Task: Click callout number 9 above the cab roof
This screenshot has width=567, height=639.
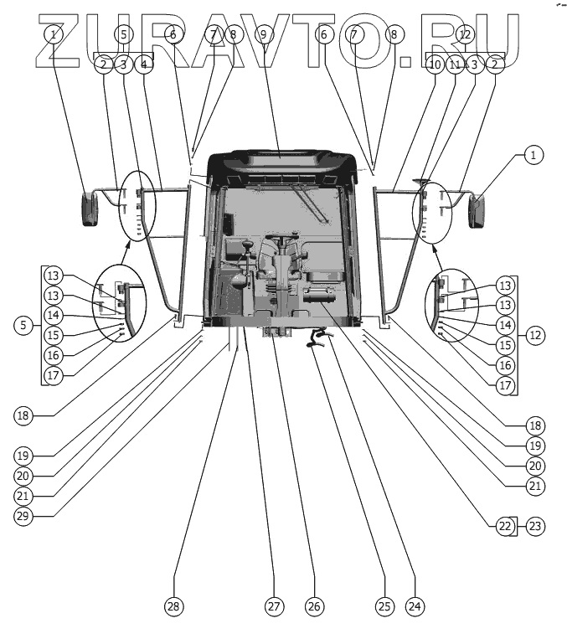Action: (263, 35)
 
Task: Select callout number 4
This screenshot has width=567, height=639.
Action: (144, 64)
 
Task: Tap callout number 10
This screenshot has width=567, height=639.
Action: (434, 64)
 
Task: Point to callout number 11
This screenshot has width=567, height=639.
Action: (455, 64)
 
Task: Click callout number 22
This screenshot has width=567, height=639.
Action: (503, 526)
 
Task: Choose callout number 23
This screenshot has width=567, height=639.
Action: (533, 526)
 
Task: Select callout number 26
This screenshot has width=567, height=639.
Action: (313, 606)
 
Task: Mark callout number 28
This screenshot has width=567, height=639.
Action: (174, 606)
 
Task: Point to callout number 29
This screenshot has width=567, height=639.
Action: (23, 515)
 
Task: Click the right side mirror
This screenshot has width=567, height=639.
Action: (478, 209)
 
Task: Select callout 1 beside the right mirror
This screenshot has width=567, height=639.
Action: (535, 154)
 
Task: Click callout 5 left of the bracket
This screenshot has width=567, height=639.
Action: (23, 325)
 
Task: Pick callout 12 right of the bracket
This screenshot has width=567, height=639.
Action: (535, 335)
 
